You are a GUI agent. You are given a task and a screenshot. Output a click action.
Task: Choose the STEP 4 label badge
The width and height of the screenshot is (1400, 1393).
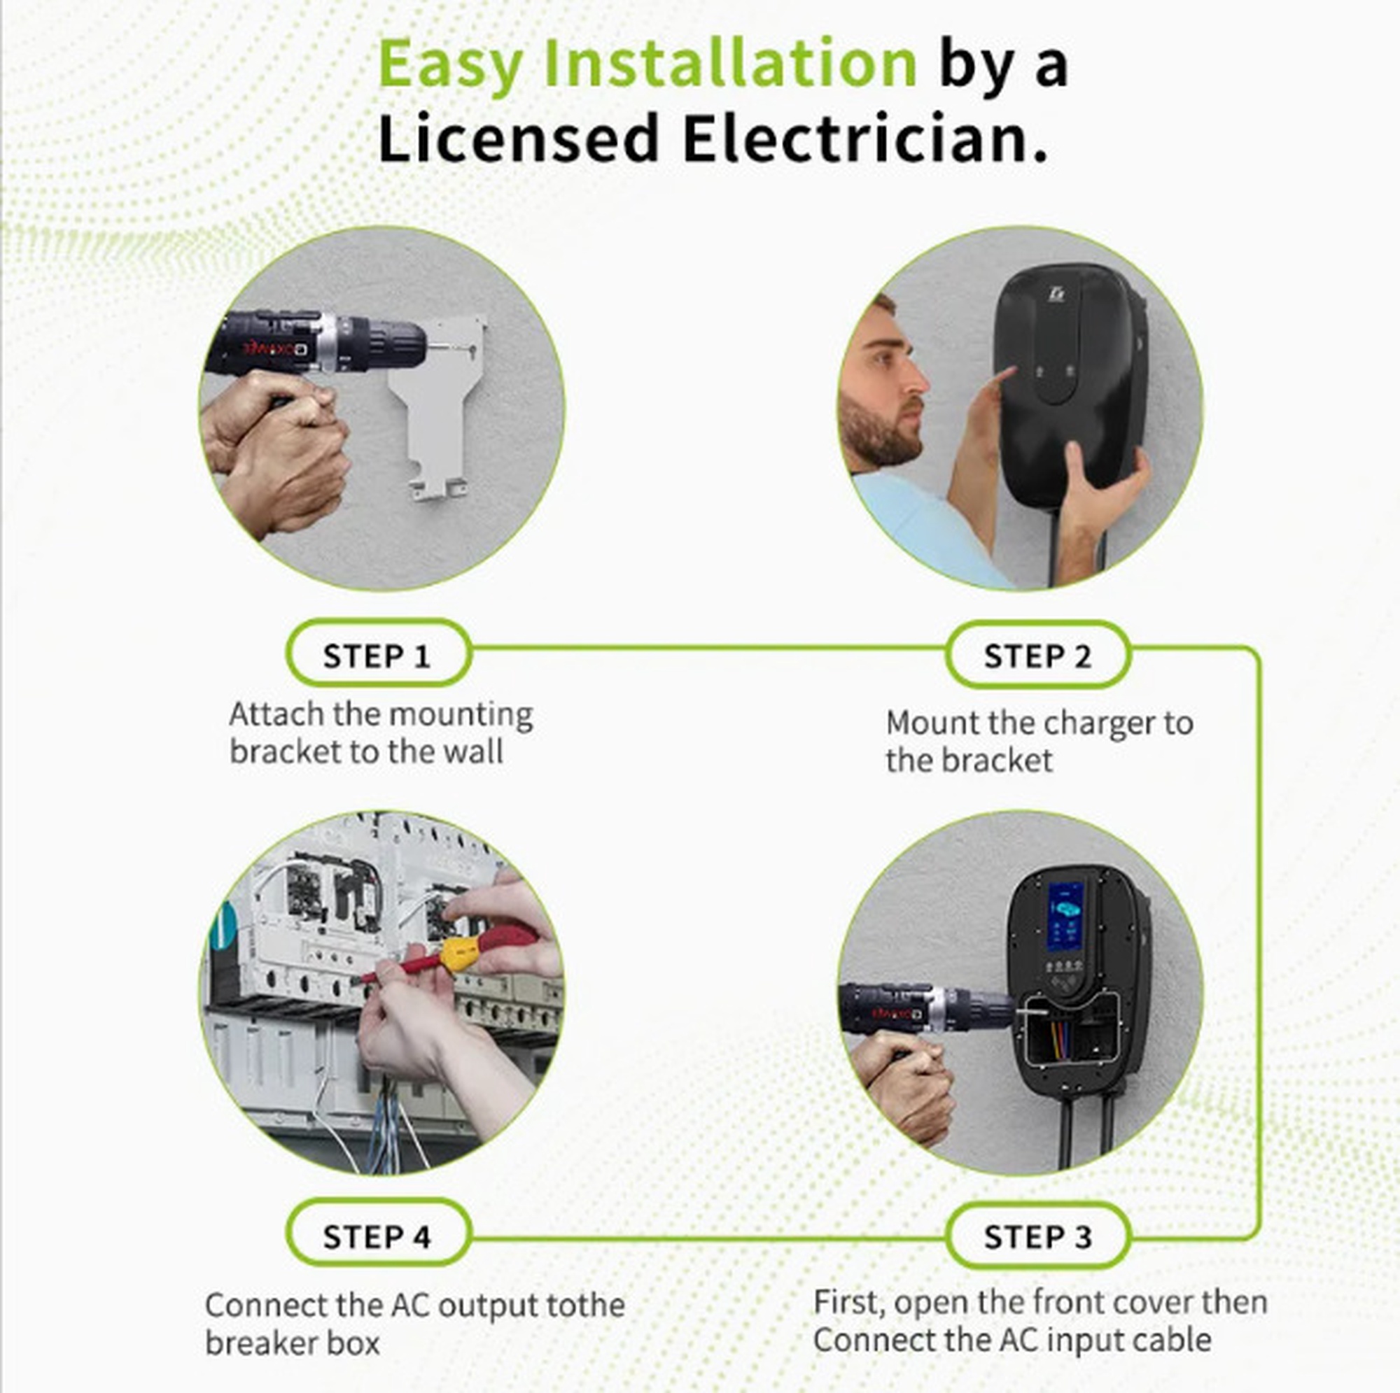378,1236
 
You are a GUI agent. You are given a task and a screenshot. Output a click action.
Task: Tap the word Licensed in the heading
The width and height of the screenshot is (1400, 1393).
518,138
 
